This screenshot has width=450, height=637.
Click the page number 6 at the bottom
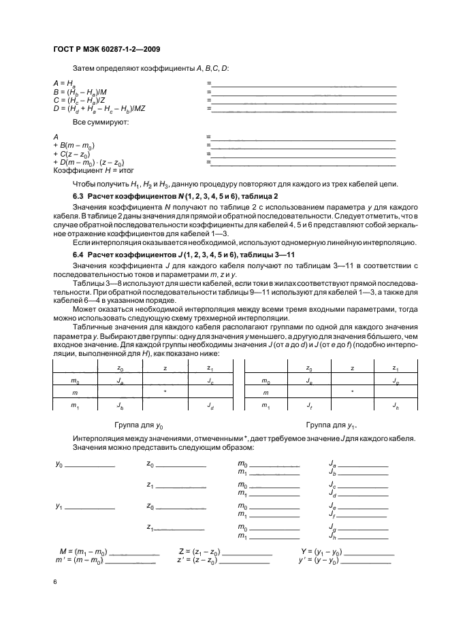pos(54,583)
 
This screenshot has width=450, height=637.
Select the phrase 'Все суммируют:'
pos(95,122)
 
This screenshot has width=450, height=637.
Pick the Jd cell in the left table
pos(210,406)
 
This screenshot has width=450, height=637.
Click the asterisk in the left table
pos(165,393)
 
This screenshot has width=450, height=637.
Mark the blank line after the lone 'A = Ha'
pos(304,84)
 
